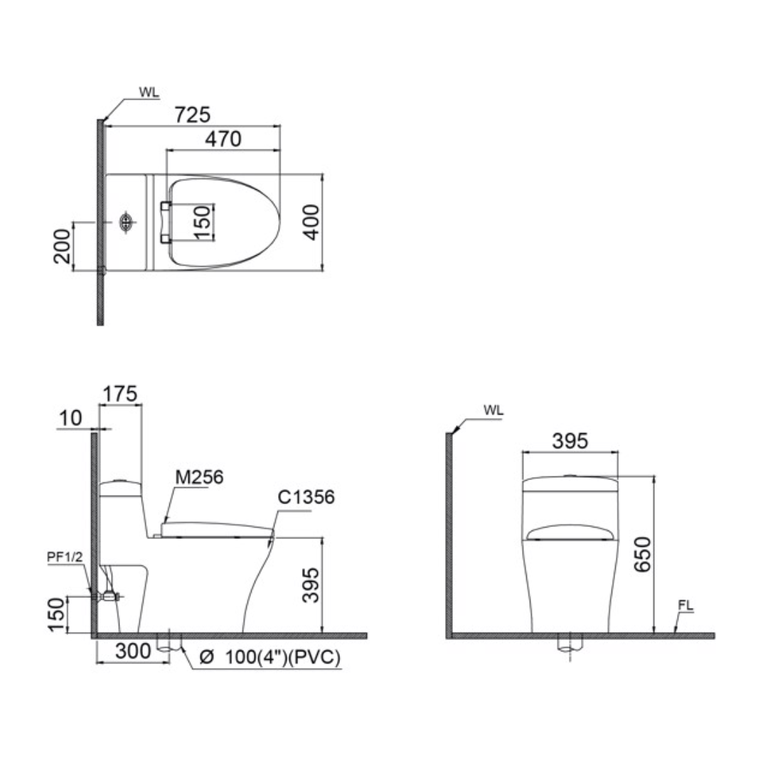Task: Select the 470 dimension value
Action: click(x=223, y=139)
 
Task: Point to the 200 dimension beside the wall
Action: click(x=63, y=246)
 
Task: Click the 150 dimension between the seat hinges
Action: click(x=202, y=223)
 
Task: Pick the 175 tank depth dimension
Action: click(x=119, y=393)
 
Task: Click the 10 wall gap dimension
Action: click(x=70, y=418)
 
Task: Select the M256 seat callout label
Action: click(x=199, y=477)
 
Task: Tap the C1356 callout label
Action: click(x=306, y=497)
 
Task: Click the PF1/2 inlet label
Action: click(x=65, y=558)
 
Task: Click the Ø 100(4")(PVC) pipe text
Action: click(x=270, y=658)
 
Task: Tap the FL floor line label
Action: click(x=686, y=606)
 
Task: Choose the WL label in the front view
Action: click(x=493, y=411)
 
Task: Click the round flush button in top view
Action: click(x=127, y=222)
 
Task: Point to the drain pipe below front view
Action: click(x=570, y=646)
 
